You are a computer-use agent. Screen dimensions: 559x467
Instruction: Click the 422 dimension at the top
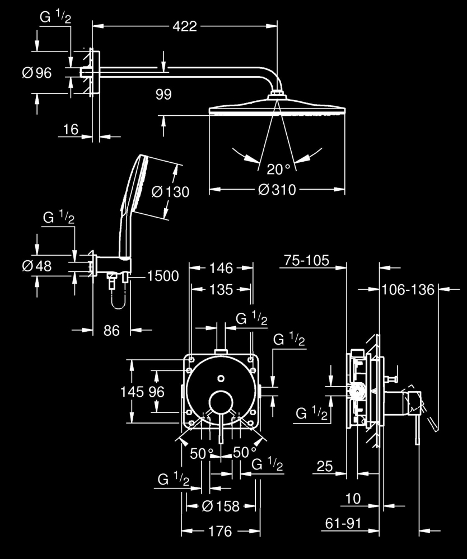pyautogui.click(x=185, y=26)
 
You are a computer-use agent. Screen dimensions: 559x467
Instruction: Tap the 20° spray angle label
pyautogui.click(x=278, y=168)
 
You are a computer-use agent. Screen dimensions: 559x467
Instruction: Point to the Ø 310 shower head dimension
pyautogui.click(x=277, y=190)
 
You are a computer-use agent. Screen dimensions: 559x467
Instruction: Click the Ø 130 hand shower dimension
pyautogui.click(x=171, y=192)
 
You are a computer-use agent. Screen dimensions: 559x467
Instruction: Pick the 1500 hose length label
pyautogui.click(x=163, y=276)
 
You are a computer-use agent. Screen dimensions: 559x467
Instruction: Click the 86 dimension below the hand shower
pyautogui.click(x=112, y=331)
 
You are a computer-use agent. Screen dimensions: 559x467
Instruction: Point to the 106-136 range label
pyautogui.click(x=408, y=289)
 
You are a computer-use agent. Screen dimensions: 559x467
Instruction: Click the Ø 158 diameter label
pyautogui.click(x=220, y=506)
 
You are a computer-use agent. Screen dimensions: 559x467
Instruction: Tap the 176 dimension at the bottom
pyautogui.click(x=220, y=531)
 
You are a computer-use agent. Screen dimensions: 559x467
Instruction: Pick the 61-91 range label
pyautogui.click(x=343, y=524)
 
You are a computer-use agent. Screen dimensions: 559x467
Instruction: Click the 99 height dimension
pyautogui.click(x=179, y=94)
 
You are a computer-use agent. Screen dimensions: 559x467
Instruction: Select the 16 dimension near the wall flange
pyautogui.click(x=71, y=130)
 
